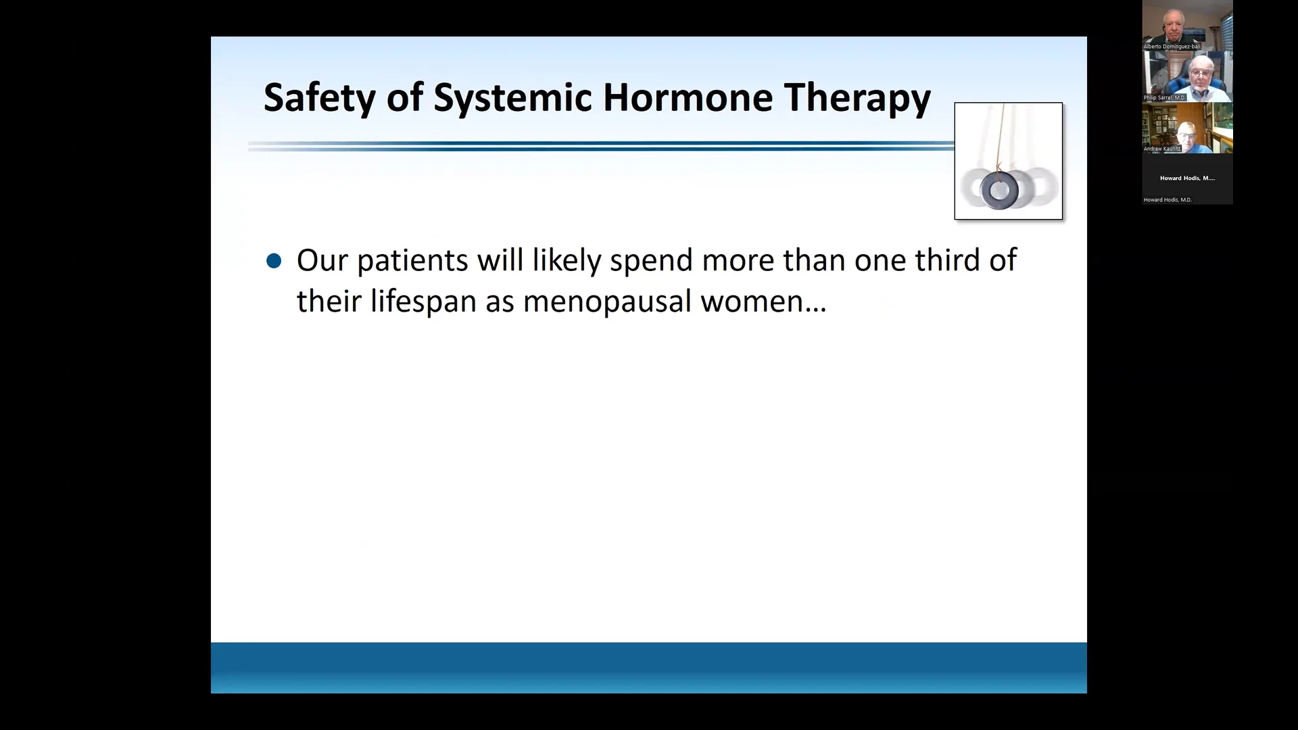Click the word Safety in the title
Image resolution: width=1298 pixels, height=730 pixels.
pyautogui.click(x=319, y=98)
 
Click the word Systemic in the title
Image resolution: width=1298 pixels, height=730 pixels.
pyautogui.click(x=512, y=98)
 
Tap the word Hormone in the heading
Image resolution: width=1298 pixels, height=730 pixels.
pyautogui.click(x=688, y=98)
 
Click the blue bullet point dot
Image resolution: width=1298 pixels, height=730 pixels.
pyautogui.click(x=274, y=261)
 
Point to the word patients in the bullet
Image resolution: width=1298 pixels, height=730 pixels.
pyautogui.click(x=412, y=261)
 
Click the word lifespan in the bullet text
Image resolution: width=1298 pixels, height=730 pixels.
pyautogui.click(x=423, y=301)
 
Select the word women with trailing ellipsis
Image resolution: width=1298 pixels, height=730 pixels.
pyautogui.click(x=763, y=301)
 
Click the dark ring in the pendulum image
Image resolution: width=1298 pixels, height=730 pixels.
pyautogui.click(x=999, y=191)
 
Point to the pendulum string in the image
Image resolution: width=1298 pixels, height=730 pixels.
pyautogui.click(x=1002, y=135)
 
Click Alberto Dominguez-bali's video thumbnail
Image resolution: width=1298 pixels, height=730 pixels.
pyautogui.click(x=1187, y=24)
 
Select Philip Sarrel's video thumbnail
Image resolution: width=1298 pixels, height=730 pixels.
pyautogui.click(x=1187, y=76)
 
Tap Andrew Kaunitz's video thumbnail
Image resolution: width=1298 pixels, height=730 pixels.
pyautogui.click(x=1187, y=127)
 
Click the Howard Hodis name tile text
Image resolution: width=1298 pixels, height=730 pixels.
pyautogui.click(x=1187, y=178)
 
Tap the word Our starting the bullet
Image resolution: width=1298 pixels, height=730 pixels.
pyautogui.click(x=322, y=261)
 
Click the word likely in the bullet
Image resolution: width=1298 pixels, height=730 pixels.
pyautogui.click(x=567, y=261)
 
